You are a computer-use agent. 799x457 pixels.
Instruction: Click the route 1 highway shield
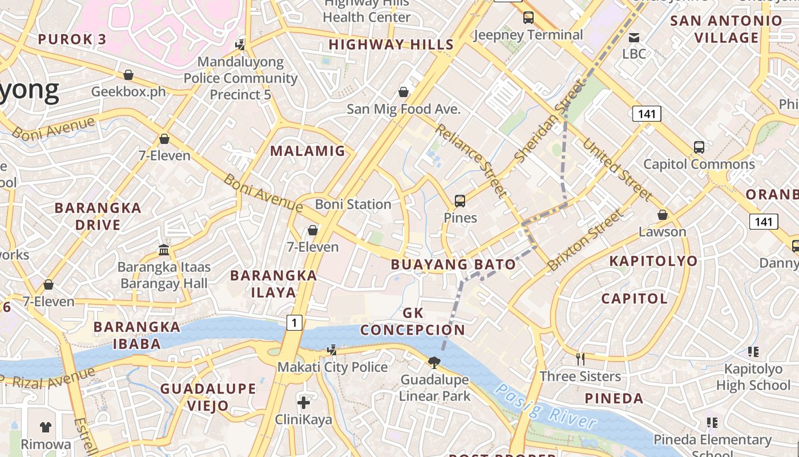(x=293, y=323)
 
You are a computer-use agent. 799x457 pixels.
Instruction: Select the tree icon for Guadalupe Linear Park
(x=434, y=362)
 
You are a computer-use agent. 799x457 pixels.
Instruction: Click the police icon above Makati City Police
(x=332, y=350)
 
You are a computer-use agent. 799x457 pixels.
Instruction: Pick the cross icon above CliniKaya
(x=304, y=403)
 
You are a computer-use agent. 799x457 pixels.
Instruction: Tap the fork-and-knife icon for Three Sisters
(x=580, y=359)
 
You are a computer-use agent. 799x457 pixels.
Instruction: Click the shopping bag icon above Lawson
(x=662, y=215)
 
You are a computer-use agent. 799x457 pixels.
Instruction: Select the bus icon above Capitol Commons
(x=699, y=147)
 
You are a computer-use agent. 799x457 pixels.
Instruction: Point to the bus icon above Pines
(x=460, y=201)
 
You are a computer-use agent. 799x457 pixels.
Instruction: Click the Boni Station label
(x=353, y=204)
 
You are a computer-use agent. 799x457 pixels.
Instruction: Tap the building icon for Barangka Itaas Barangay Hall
(x=164, y=250)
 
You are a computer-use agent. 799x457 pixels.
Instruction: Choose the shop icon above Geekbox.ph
(x=128, y=75)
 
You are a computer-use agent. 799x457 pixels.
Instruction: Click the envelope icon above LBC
(x=633, y=38)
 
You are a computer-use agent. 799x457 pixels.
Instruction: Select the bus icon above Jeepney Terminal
(x=528, y=18)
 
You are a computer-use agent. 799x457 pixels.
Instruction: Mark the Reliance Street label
(x=471, y=161)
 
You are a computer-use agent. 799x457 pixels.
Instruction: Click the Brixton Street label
(x=585, y=240)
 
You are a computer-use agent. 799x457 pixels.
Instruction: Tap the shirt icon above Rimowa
(x=46, y=427)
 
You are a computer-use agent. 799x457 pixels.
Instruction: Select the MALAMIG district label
(x=308, y=151)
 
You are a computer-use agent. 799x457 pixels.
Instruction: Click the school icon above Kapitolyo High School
(x=753, y=352)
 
